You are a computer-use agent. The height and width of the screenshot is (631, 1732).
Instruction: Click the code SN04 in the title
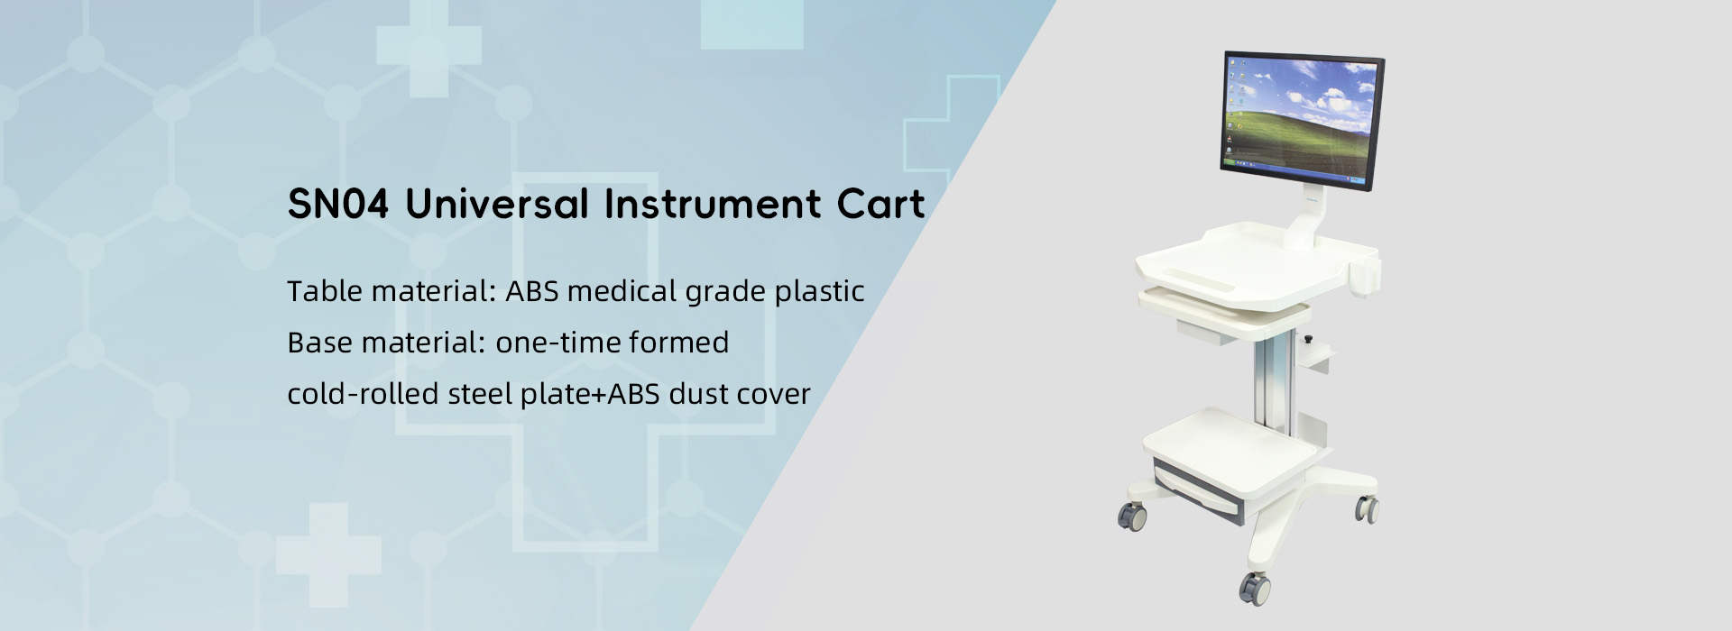[x=338, y=205]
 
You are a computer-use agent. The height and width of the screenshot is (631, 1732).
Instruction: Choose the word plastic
[x=820, y=293]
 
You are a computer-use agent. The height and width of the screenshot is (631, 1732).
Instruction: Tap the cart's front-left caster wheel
[x=1133, y=517]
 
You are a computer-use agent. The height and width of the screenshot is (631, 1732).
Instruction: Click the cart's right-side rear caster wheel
[x=1368, y=509]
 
